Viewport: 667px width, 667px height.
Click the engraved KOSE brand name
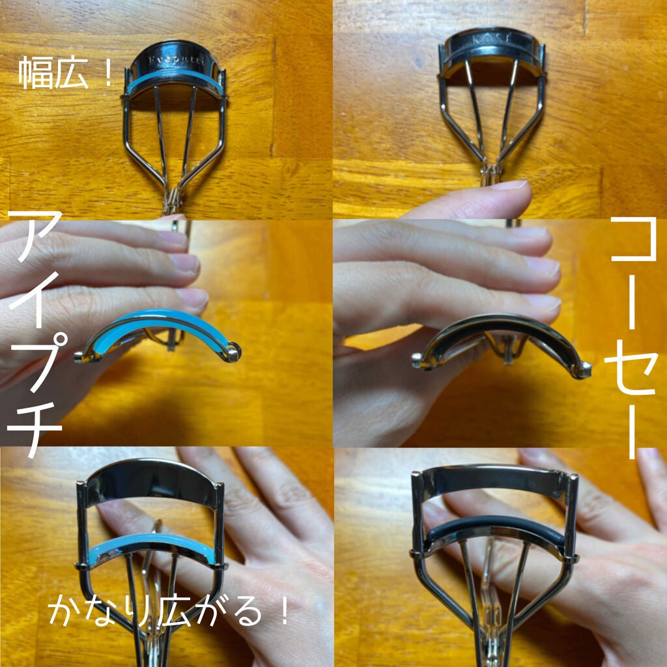point(492,40)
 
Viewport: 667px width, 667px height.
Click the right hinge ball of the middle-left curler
point(234,353)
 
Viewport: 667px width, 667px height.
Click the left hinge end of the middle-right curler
point(418,359)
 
